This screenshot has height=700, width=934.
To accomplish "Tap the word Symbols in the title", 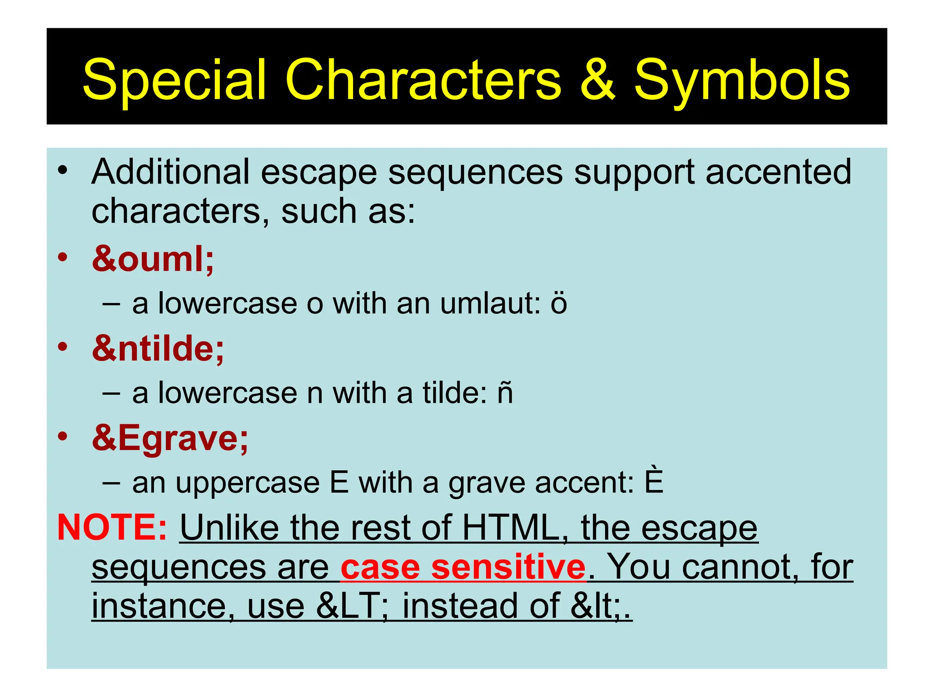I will [742, 81].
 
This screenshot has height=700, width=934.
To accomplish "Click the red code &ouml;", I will [153, 259].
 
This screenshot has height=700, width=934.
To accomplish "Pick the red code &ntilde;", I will [158, 348].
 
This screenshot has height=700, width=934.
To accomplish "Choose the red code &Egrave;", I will [170, 438].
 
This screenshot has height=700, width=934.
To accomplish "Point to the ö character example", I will [558, 303].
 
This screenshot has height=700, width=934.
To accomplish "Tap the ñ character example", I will [505, 393].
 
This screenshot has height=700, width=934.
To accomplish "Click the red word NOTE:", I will [112, 527].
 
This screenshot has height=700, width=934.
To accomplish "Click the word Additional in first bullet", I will [171, 172].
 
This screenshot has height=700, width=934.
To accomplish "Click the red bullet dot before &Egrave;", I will [62, 436].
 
